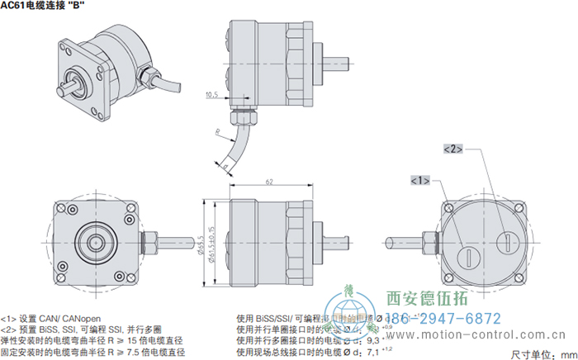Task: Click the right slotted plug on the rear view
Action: [x=505, y=241]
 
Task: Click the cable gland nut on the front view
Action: [x=151, y=243]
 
